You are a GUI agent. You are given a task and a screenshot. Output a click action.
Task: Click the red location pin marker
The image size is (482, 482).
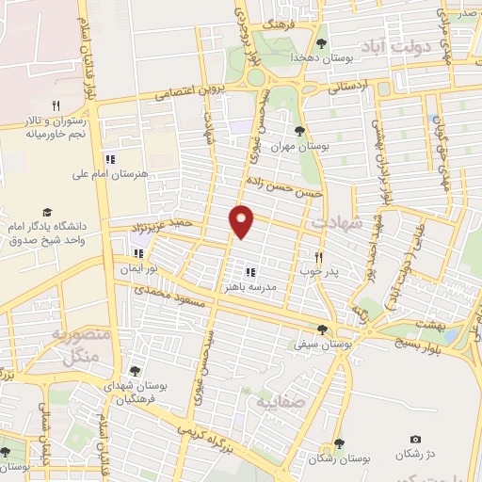[242, 220]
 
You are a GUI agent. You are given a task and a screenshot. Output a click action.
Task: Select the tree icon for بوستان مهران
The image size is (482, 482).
[300, 131]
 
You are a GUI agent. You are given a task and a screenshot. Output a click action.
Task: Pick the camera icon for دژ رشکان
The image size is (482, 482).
[416, 440]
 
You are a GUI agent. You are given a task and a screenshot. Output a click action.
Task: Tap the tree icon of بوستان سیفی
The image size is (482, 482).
[323, 329]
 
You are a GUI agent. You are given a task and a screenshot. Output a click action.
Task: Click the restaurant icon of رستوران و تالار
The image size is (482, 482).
[56, 105]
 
